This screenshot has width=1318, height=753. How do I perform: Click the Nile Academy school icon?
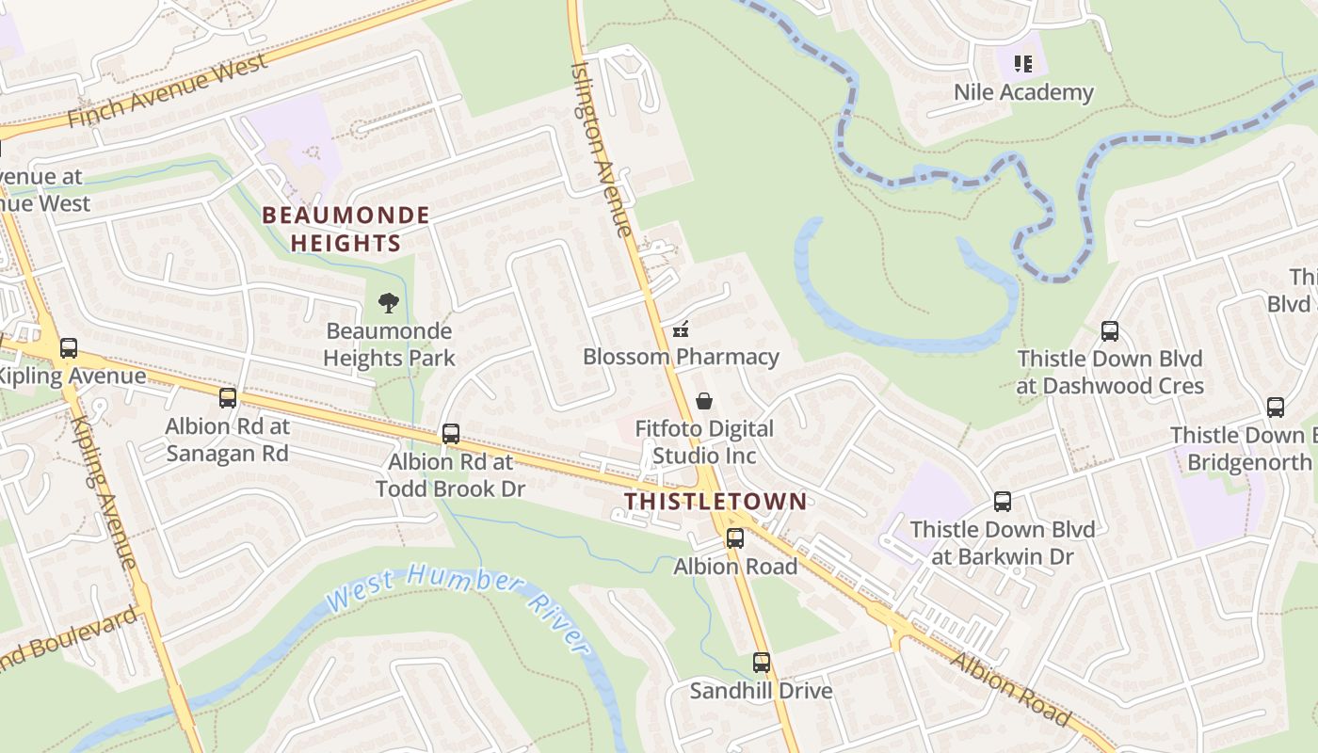tap(1023, 64)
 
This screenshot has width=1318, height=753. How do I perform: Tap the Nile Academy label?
tap(1023, 92)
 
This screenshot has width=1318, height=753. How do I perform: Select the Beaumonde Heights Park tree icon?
tap(388, 303)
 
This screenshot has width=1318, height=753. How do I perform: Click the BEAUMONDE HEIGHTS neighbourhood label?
tap(346, 229)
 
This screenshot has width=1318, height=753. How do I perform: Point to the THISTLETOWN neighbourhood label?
tap(715, 501)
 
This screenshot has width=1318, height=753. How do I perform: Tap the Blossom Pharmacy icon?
tap(681, 329)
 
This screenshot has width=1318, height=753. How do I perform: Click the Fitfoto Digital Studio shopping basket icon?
tap(703, 402)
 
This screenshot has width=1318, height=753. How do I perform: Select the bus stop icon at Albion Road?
tap(734, 538)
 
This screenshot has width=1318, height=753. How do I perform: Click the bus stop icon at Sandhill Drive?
tap(761, 663)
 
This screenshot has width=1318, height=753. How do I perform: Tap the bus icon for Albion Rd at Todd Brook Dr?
tap(451, 434)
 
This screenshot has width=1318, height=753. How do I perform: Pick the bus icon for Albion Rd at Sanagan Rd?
tap(228, 398)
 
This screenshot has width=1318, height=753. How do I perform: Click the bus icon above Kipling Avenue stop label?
tap(69, 348)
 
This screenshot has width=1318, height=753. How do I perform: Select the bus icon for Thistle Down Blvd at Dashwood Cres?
tap(1110, 331)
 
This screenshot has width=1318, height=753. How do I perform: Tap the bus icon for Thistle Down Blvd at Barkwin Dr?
tap(1003, 502)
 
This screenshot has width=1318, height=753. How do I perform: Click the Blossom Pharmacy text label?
tap(681, 357)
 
